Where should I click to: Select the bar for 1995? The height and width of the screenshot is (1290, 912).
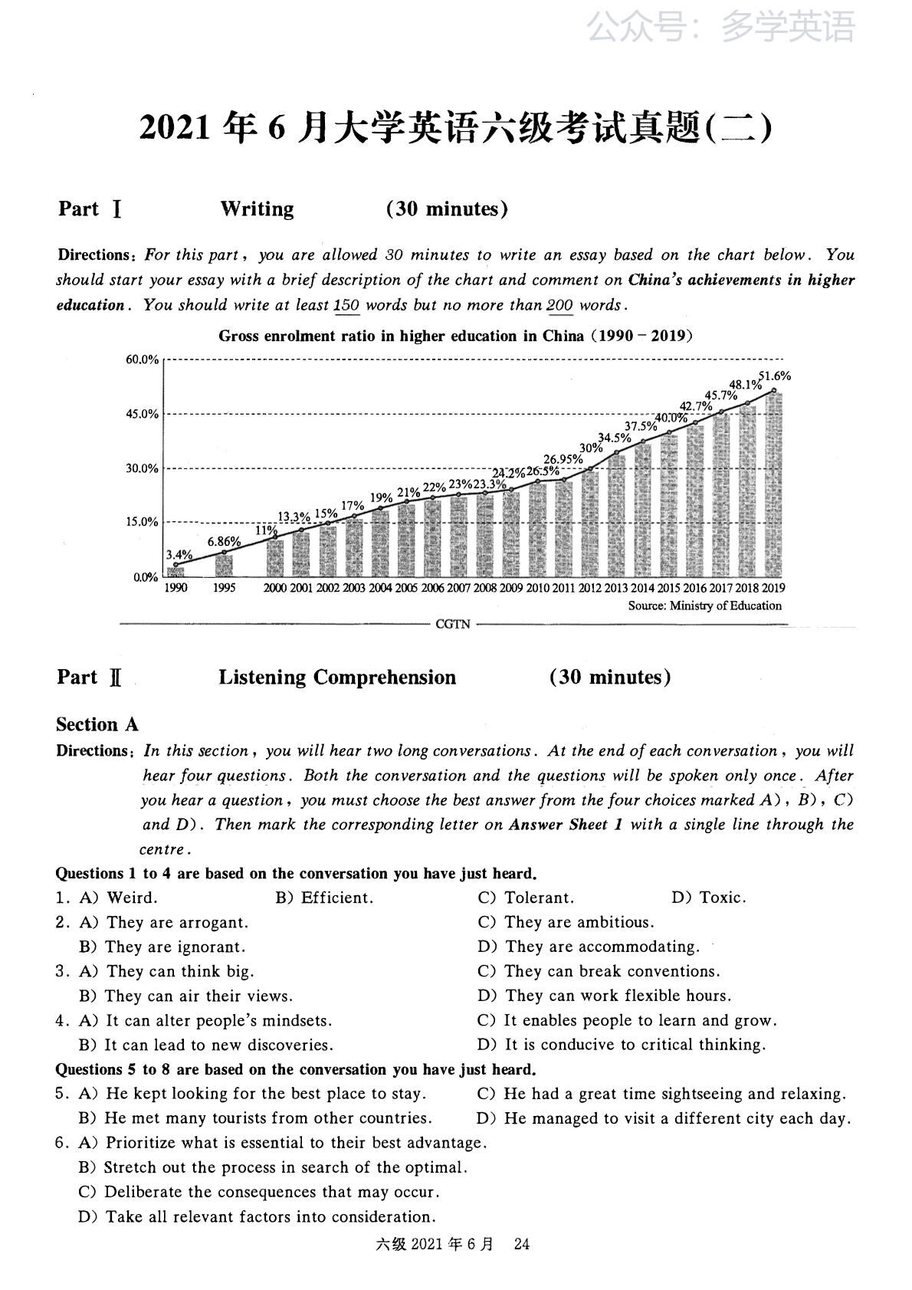coord(224,565)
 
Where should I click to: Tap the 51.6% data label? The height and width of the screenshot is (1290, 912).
coord(774,376)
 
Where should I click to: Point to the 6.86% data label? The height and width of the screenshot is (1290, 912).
coord(225,541)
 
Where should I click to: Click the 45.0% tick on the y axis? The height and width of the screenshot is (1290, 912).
coord(143,414)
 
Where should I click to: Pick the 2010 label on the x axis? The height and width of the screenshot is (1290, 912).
coord(537,588)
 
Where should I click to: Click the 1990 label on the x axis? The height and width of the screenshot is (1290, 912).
coord(176,588)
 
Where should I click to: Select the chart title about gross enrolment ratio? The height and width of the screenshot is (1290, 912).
coord(455,336)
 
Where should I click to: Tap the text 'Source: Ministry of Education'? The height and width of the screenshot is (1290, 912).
coord(704,606)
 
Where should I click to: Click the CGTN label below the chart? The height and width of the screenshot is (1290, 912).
coord(452,624)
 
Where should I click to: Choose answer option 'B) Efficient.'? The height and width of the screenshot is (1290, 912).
coord(324,898)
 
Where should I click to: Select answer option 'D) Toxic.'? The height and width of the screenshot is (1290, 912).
coord(708,898)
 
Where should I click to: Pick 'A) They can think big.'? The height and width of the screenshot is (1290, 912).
coord(166,971)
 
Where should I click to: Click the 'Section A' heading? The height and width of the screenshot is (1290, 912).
coord(97,724)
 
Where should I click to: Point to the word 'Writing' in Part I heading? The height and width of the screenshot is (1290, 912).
coord(257,209)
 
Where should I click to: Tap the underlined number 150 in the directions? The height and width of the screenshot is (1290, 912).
coord(347,305)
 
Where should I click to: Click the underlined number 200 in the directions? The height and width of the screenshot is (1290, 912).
coord(559,305)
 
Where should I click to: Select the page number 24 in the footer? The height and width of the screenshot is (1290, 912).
coord(522,1244)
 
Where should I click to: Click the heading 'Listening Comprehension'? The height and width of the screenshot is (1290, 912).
coord(337,678)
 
